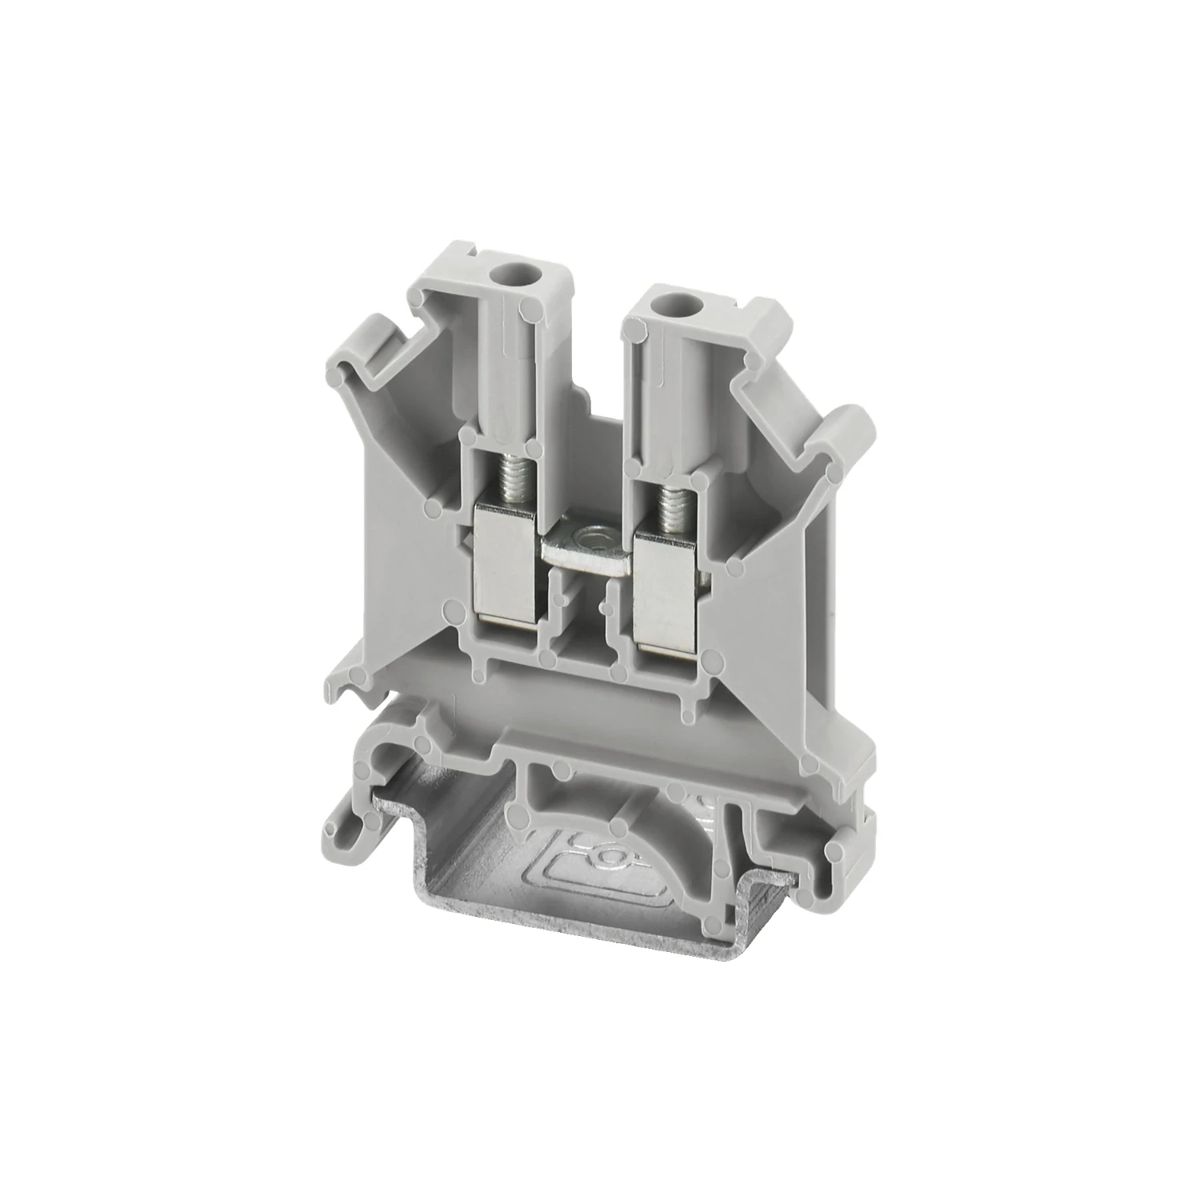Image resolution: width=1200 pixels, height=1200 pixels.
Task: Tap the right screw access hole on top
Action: pyautogui.click(x=663, y=302)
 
